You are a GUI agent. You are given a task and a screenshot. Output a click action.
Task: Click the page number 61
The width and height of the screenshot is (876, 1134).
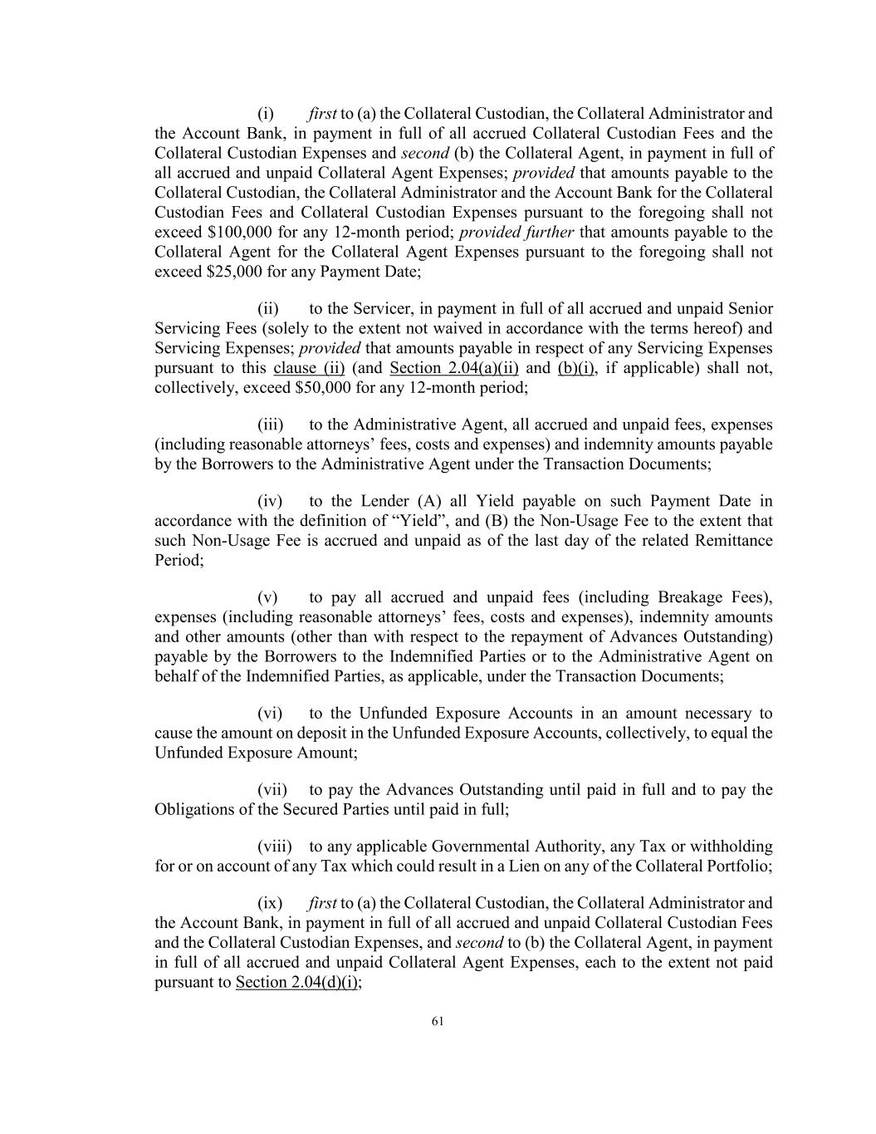pos(438,1021)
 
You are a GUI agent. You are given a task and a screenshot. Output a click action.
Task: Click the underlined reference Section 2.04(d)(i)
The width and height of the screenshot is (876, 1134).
pos(298,983)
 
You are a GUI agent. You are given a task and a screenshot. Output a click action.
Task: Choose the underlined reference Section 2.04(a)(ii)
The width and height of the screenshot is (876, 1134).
pos(454,368)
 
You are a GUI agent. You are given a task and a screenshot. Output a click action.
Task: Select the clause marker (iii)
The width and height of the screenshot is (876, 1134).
pos(271,425)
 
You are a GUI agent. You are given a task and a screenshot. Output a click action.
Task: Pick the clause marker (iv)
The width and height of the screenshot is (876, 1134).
pos(270,501)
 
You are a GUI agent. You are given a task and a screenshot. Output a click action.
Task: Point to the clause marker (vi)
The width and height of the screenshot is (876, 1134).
pos(270,713)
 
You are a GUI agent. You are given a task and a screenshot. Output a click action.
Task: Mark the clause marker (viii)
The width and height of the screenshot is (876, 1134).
pos(274,847)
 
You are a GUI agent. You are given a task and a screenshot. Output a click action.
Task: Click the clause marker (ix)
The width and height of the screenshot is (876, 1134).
pos(270,903)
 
